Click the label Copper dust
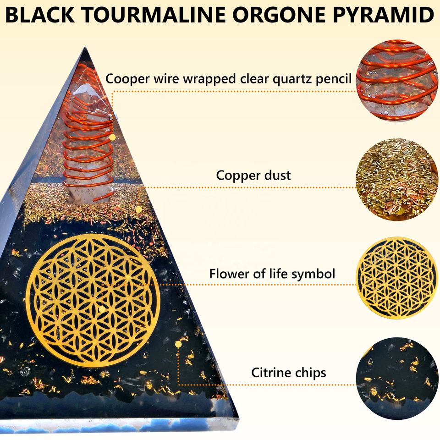(253, 175)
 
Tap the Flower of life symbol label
(272, 274)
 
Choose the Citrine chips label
(288, 372)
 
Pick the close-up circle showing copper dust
(397, 179)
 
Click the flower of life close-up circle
(397, 277)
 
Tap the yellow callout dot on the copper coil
(112, 137)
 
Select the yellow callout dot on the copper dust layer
(138, 209)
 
